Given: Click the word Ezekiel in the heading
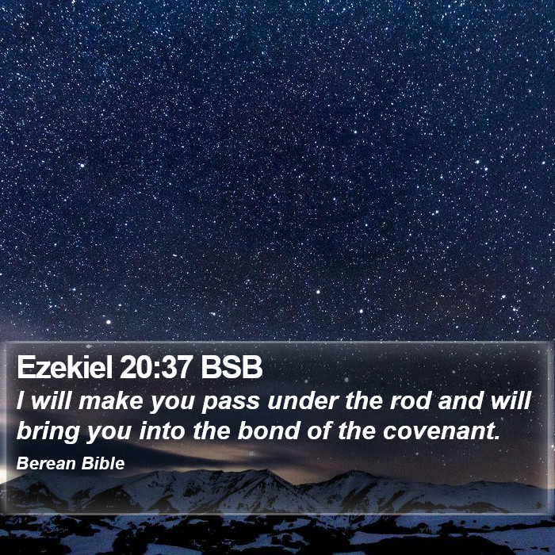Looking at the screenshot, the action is pyautogui.click(x=65, y=367).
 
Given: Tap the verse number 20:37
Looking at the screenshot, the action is pyautogui.click(x=156, y=367).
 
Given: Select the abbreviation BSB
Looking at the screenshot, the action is pyautogui.click(x=232, y=367).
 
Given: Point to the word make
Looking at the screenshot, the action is pyautogui.click(x=110, y=401).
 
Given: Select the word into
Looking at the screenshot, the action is pyautogui.click(x=162, y=431).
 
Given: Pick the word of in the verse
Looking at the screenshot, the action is pyautogui.click(x=320, y=431).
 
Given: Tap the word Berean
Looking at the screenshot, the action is pyautogui.click(x=46, y=463).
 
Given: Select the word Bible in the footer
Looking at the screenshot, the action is pyautogui.click(x=102, y=463).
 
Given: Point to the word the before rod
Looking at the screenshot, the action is pyautogui.click(x=363, y=401).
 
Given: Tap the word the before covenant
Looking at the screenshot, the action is pyautogui.click(x=357, y=431).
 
